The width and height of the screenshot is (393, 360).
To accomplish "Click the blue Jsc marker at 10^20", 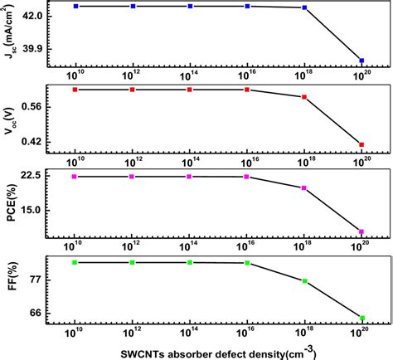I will point(361,61).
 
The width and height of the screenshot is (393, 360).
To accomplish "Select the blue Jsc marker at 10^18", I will point(304,7).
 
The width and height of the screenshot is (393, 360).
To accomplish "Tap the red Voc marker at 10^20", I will point(361,145).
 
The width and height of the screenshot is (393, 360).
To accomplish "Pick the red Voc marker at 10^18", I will point(304,97).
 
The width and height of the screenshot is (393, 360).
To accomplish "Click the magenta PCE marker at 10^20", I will point(361,231).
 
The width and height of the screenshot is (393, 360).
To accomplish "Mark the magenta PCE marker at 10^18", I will point(304,187).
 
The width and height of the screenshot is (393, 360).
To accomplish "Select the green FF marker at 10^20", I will point(361,317).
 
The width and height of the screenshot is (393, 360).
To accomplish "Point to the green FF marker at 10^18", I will point(304,281).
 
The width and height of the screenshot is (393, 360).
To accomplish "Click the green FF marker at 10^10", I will point(75,262).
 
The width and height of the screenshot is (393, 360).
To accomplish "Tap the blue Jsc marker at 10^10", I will point(75,6).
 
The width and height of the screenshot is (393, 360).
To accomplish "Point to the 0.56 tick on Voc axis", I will point(36,106).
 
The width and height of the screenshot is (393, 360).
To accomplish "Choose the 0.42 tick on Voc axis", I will point(36,142).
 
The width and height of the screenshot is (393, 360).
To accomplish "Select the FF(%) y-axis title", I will point(11,290).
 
